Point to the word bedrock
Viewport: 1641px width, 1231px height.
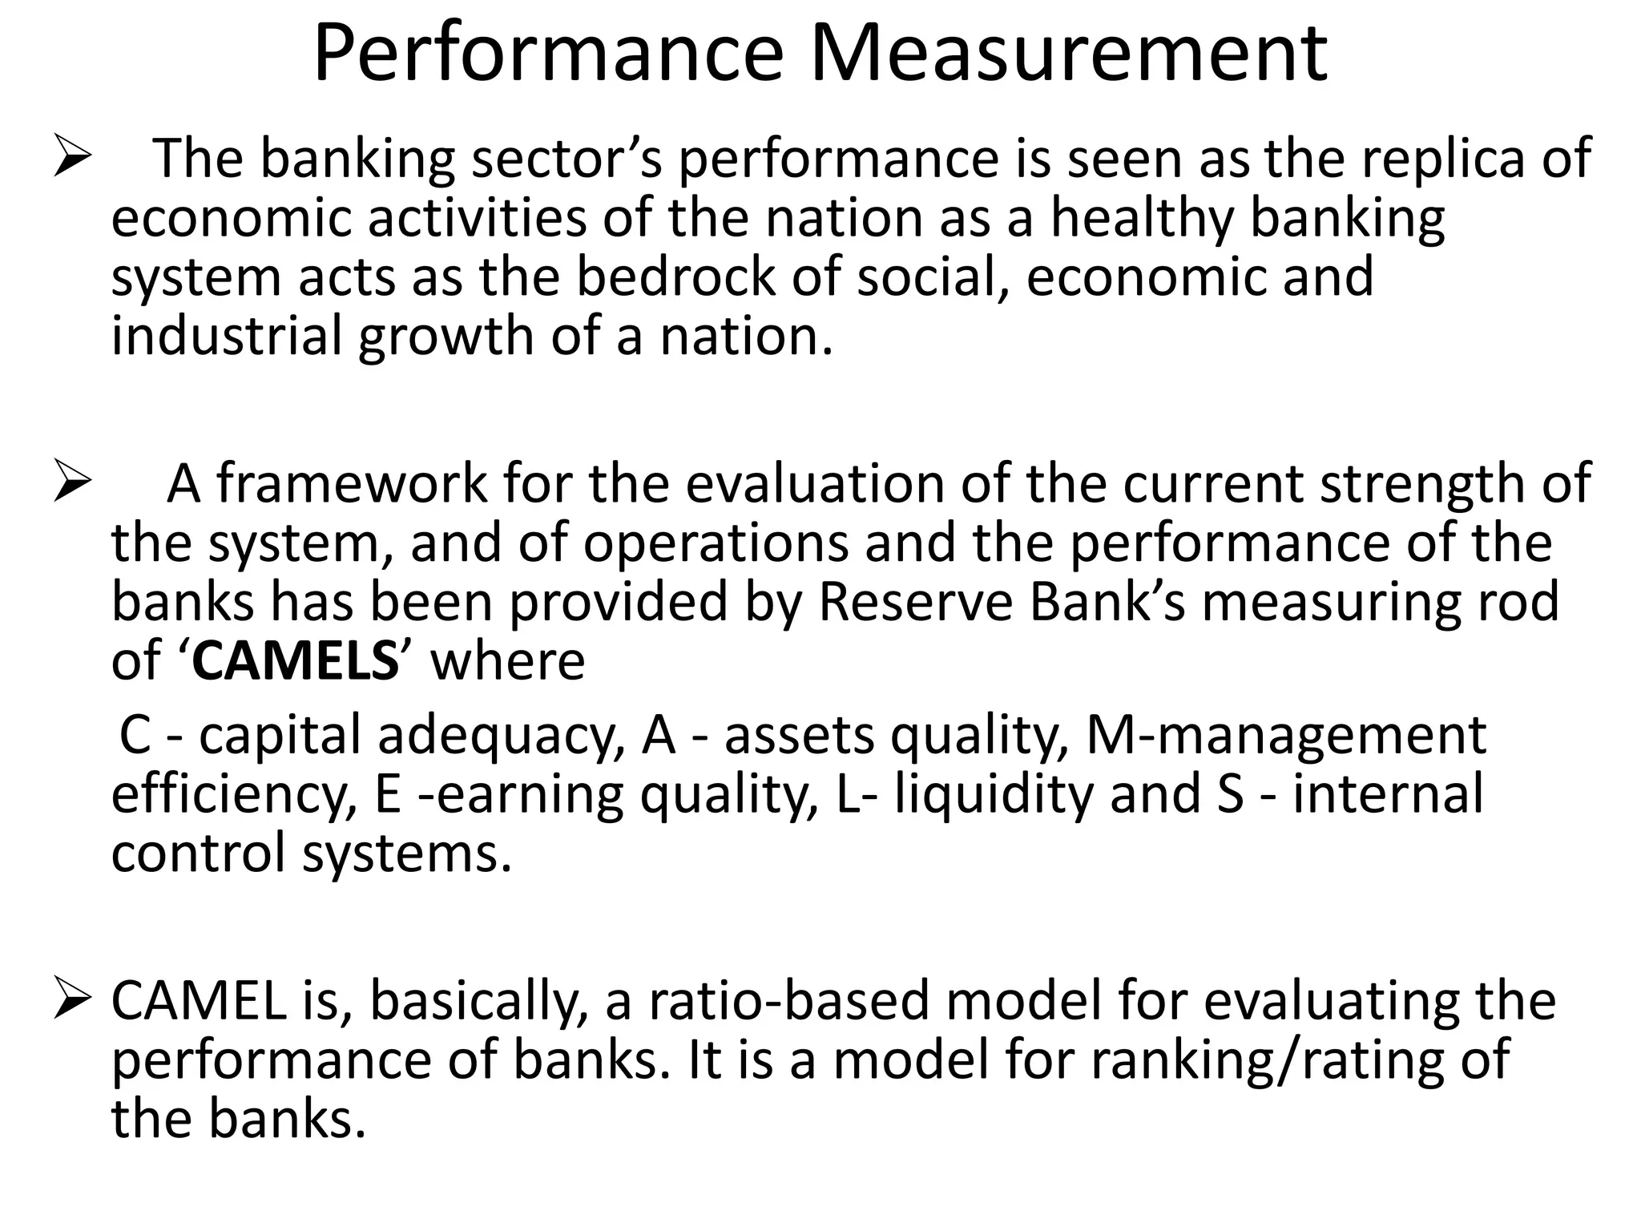(676, 276)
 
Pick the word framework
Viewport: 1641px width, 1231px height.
(351, 483)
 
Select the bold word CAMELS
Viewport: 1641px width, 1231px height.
(295, 661)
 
